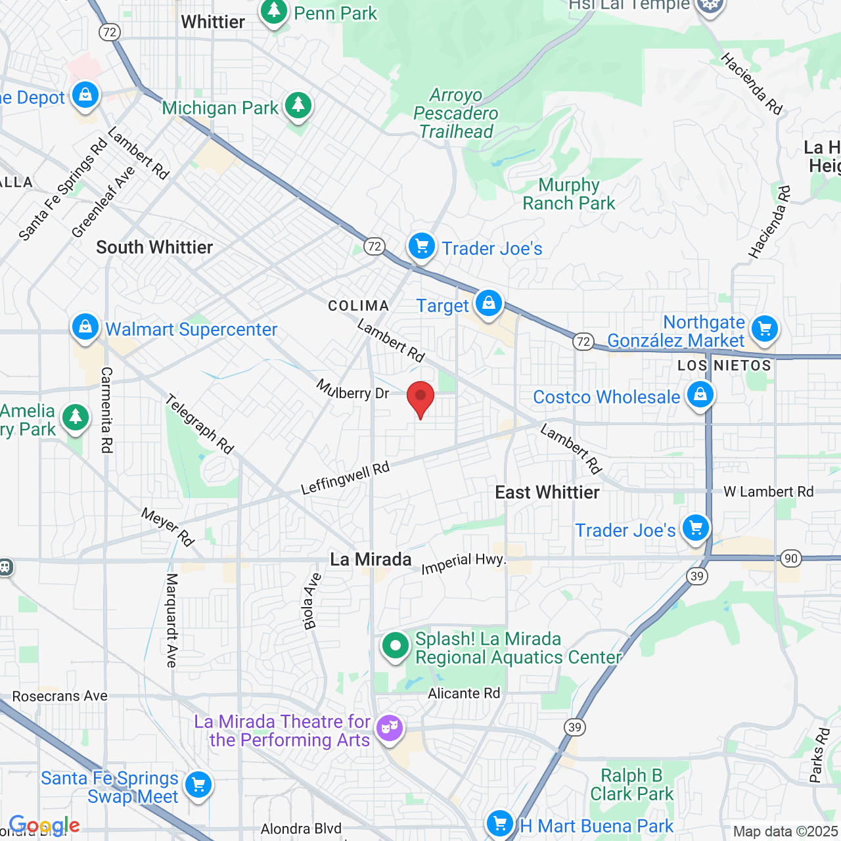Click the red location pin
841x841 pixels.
(x=420, y=398)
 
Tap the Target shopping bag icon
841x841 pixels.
(x=488, y=304)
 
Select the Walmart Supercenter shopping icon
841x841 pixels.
(x=85, y=327)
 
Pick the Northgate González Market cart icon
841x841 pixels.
(x=764, y=328)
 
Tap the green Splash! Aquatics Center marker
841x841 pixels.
(x=396, y=647)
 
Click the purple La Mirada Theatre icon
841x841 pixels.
(x=390, y=728)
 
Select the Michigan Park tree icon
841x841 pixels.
(x=298, y=106)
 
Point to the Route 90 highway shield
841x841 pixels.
(x=790, y=559)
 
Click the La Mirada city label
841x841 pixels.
(x=371, y=560)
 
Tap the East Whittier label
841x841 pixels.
(x=547, y=493)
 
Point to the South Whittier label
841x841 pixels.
(x=154, y=248)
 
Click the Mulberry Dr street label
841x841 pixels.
(x=353, y=390)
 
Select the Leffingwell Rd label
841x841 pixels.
(x=346, y=478)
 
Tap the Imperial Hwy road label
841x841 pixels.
(x=463, y=563)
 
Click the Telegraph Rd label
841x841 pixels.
(x=199, y=424)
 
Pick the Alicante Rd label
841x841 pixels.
(x=464, y=694)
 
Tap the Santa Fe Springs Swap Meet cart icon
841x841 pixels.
(x=198, y=784)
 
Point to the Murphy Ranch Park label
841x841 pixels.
(x=569, y=194)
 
